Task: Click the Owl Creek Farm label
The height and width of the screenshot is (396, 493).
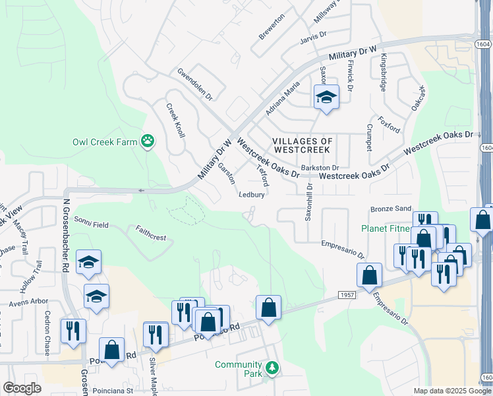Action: click(105, 142)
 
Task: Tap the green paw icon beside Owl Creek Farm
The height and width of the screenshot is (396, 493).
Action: click(148, 141)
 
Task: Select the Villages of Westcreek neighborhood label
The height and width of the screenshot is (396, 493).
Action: click(303, 146)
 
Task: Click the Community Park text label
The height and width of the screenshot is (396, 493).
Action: click(238, 369)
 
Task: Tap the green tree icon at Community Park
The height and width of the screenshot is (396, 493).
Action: click(272, 367)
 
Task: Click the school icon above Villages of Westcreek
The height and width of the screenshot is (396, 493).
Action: click(326, 98)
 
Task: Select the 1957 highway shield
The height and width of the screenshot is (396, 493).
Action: click(347, 294)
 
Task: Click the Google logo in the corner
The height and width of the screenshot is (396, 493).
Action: click(22, 388)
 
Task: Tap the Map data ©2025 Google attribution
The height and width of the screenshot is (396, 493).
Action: click(451, 391)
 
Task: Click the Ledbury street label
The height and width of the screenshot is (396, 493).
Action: click(251, 195)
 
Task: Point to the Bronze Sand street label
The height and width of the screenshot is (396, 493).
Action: click(390, 209)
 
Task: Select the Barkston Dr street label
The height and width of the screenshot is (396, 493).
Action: click(319, 168)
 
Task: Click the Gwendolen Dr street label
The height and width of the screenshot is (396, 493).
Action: click(194, 84)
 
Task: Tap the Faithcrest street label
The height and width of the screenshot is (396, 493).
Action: click(151, 232)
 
